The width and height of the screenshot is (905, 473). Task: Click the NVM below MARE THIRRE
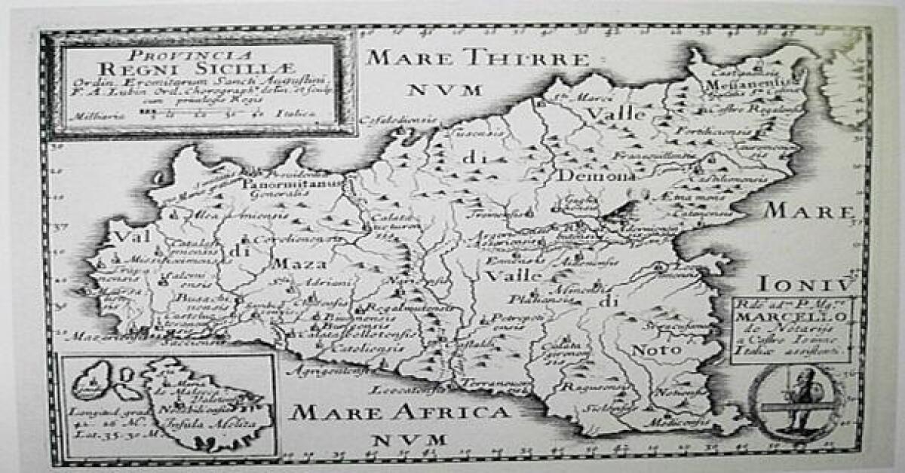[x=445, y=90]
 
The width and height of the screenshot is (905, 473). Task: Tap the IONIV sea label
[x=806, y=284]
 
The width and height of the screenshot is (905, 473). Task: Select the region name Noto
[x=651, y=349]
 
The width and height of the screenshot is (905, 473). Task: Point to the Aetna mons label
[x=683, y=196]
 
